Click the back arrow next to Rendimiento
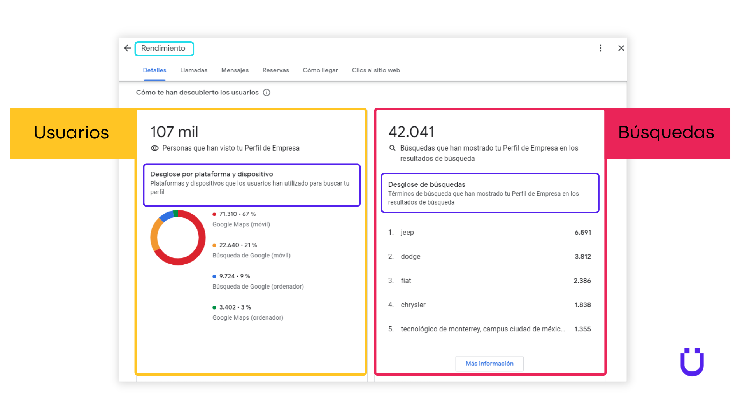click(127, 48)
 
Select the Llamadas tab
click(194, 70)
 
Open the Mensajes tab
click(235, 70)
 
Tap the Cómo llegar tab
click(320, 70)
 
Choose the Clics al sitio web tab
click(376, 70)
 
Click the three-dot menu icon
click(600, 48)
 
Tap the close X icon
click(621, 48)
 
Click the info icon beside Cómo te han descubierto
click(267, 93)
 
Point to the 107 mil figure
click(174, 132)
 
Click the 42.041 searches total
click(411, 132)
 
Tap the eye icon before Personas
click(154, 148)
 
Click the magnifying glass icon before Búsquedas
click(393, 148)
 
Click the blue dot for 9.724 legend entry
click(214, 276)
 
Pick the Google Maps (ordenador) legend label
click(248, 318)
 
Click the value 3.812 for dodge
click(582, 257)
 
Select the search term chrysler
click(413, 305)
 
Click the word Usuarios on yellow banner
click(71, 133)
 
